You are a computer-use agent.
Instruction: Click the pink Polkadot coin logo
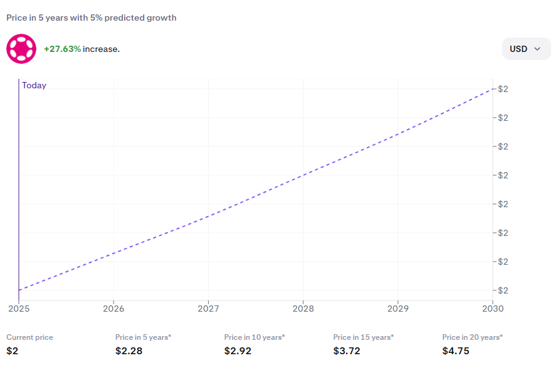(x=21, y=49)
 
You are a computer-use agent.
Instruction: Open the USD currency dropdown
(x=526, y=49)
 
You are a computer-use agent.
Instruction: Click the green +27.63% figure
(x=62, y=49)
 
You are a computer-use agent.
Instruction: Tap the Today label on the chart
(x=34, y=86)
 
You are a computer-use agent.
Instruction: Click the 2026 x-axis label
(x=113, y=309)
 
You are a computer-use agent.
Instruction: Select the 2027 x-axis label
(x=208, y=309)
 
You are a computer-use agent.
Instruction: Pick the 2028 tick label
(x=303, y=309)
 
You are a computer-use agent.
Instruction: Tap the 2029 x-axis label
(x=398, y=309)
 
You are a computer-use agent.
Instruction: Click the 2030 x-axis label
(x=492, y=309)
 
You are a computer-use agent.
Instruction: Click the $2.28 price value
(x=129, y=351)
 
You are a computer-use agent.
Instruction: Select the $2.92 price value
(x=238, y=351)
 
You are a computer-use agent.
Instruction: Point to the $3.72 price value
(x=347, y=351)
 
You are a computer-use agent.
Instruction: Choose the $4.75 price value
(x=456, y=351)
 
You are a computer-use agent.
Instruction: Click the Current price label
(x=29, y=337)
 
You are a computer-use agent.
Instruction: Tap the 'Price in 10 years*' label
(x=255, y=337)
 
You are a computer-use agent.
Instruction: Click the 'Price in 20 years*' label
(x=472, y=337)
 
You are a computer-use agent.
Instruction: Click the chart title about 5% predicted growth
(x=92, y=18)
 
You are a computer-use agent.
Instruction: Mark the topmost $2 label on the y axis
(x=503, y=89)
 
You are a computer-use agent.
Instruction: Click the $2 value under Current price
(x=13, y=351)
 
